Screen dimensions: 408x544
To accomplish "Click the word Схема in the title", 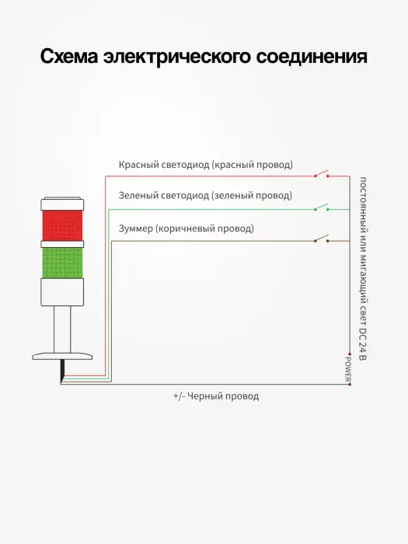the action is [69, 56].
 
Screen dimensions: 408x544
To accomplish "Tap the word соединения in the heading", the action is [312, 56].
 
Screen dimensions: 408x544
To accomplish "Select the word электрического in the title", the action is [177, 57].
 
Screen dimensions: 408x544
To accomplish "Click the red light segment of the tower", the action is [62, 225].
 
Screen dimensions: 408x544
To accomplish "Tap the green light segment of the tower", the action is [62, 263].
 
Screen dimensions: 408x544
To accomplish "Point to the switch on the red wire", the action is [322, 173].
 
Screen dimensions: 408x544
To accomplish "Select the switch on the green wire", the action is [322, 207].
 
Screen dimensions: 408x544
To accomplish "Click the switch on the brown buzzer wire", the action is [322, 239].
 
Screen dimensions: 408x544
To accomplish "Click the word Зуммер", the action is [136, 228].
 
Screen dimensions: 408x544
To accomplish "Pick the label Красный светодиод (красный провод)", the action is [206, 165].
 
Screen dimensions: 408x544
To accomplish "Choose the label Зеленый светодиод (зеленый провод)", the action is [205, 196].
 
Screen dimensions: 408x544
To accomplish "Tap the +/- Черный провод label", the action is [216, 396].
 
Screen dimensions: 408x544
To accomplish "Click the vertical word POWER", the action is [347, 369].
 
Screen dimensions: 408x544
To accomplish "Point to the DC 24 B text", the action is [362, 343].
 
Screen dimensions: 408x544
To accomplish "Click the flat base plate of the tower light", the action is [62, 356].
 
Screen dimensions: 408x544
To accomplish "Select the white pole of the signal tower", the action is [62, 330].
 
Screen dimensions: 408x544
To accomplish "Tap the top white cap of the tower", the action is [62, 204].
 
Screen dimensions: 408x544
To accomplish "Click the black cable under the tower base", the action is [62, 371].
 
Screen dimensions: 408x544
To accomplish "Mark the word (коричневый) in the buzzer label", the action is [189, 229].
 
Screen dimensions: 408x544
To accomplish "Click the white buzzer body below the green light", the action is [62, 292].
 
